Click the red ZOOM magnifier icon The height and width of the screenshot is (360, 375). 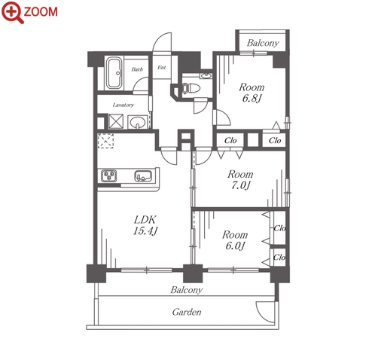tap(13, 12)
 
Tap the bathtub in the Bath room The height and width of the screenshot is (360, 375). tap(114, 73)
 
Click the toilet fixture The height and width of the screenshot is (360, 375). tap(191, 88)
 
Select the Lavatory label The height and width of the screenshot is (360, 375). tap(123, 105)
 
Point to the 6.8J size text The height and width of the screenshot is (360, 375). tap(252, 98)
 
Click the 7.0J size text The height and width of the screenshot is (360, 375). tap(240, 185)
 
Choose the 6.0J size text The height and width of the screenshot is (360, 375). tap(235, 246)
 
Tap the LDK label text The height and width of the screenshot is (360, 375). tap(145, 220)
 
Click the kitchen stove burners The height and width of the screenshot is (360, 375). tap(109, 175)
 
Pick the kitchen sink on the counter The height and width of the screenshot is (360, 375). tap(143, 175)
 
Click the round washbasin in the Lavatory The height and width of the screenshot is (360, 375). tap(137, 122)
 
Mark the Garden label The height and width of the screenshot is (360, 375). tap(187, 312)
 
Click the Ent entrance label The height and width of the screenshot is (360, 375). tap(162, 67)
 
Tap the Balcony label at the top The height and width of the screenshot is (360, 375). tap(263, 43)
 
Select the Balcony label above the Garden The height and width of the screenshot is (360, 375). tap(187, 290)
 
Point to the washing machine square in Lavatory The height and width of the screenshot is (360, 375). tap(116, 121)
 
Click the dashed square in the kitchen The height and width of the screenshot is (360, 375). tap(105, 141)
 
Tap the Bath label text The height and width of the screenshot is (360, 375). tap(137, 69)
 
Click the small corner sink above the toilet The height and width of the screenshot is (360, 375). tap(206, 76)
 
